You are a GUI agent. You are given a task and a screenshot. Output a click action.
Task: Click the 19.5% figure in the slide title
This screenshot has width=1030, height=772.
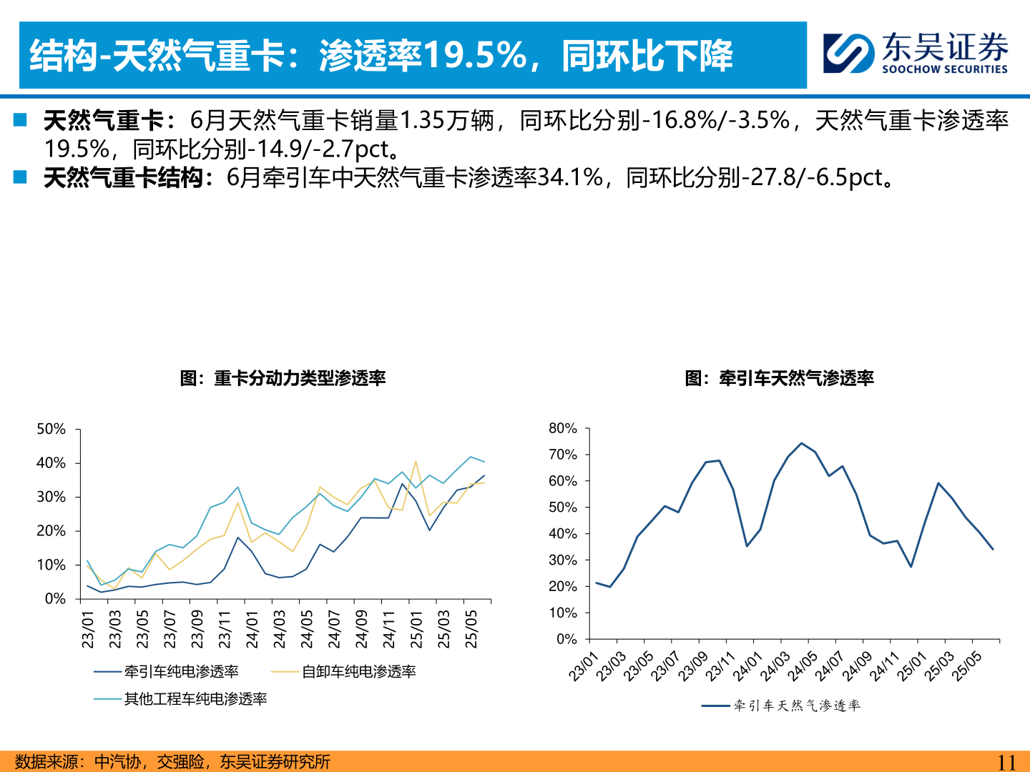(475, 56)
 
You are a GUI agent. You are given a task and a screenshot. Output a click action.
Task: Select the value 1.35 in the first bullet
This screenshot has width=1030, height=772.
(422, 120)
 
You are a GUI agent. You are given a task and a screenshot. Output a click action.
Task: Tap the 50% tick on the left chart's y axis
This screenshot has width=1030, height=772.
(51, 429)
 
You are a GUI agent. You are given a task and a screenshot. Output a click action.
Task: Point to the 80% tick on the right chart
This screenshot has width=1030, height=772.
(562, 428)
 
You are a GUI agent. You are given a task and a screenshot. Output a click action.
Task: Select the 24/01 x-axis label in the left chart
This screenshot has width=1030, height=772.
(252, 629)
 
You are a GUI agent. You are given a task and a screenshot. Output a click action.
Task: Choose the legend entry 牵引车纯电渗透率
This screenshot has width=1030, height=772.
(181, 671)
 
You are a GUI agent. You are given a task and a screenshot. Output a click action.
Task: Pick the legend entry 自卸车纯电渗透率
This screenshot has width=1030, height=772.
(358, 671)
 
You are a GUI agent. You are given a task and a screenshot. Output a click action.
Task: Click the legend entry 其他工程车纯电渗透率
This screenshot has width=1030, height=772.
(195, 698)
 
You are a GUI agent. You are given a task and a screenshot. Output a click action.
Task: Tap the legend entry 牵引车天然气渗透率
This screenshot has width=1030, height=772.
(796, 706)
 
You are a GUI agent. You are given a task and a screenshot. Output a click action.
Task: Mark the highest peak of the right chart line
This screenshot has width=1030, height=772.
(801, 443)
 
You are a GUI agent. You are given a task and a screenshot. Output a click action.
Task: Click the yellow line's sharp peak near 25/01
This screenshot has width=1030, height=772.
(416, 462)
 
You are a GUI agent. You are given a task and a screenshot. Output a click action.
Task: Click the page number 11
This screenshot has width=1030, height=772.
(1006, 762)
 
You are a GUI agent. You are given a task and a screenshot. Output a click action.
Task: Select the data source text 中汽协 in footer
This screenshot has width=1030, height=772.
(117, 762)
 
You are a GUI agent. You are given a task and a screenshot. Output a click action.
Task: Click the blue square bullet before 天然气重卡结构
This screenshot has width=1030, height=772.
(20, 177)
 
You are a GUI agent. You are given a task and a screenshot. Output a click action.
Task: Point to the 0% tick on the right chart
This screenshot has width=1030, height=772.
(566, 639)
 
